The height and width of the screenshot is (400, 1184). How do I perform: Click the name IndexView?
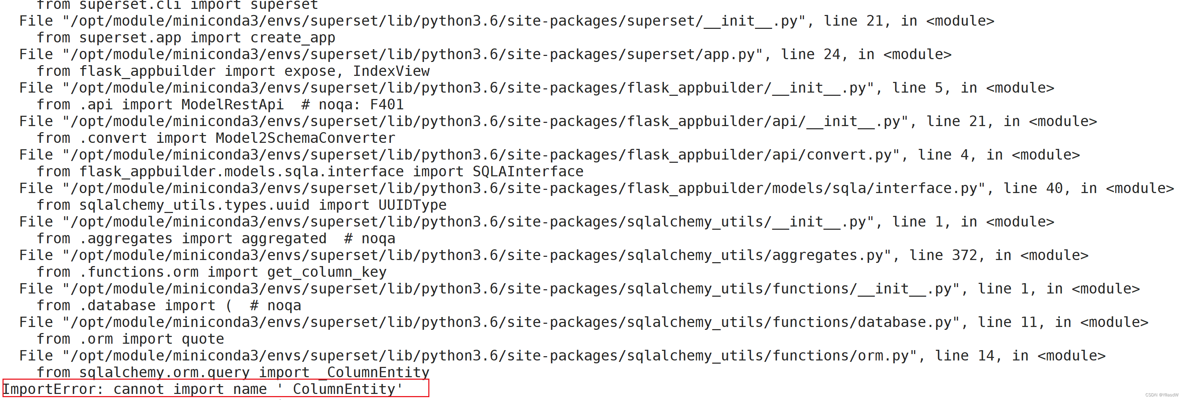[x=391, y=71]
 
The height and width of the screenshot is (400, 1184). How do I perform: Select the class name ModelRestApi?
[x=232, y=105]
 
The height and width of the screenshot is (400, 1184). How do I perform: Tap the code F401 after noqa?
[x=387, y=105]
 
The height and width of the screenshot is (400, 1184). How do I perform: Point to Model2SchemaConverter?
[x=305, y=138]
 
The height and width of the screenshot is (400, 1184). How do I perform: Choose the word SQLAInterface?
[x=528, y=172]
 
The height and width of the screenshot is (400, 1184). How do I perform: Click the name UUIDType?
[x=412, y=205]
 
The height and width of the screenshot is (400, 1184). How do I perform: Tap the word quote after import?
[x=203, y=339]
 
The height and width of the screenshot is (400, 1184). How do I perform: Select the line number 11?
[x=1029, y=322]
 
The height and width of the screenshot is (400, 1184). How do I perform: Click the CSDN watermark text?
[x=1162, y=395]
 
